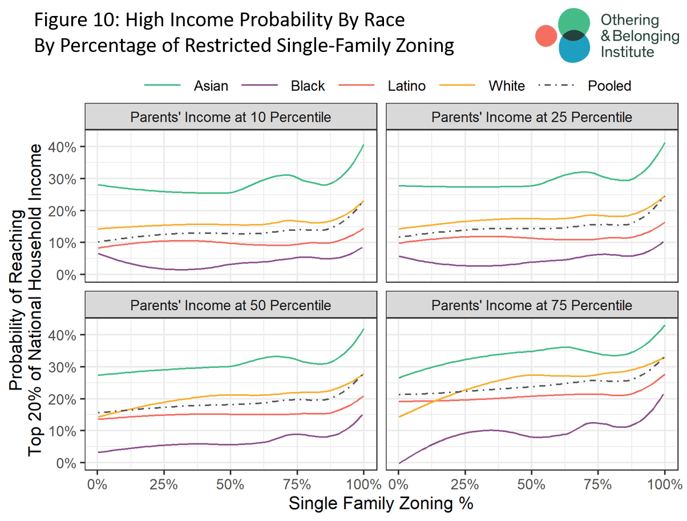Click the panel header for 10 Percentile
[x=231, y=117]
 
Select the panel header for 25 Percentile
[x=531, y=117]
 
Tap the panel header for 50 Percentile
[x=231, y=305]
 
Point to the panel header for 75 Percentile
[x=531, y=305]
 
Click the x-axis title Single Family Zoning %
[x=381, y=504]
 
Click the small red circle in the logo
[x=546, y=35]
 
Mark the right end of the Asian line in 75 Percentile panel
[x=665, y=326]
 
